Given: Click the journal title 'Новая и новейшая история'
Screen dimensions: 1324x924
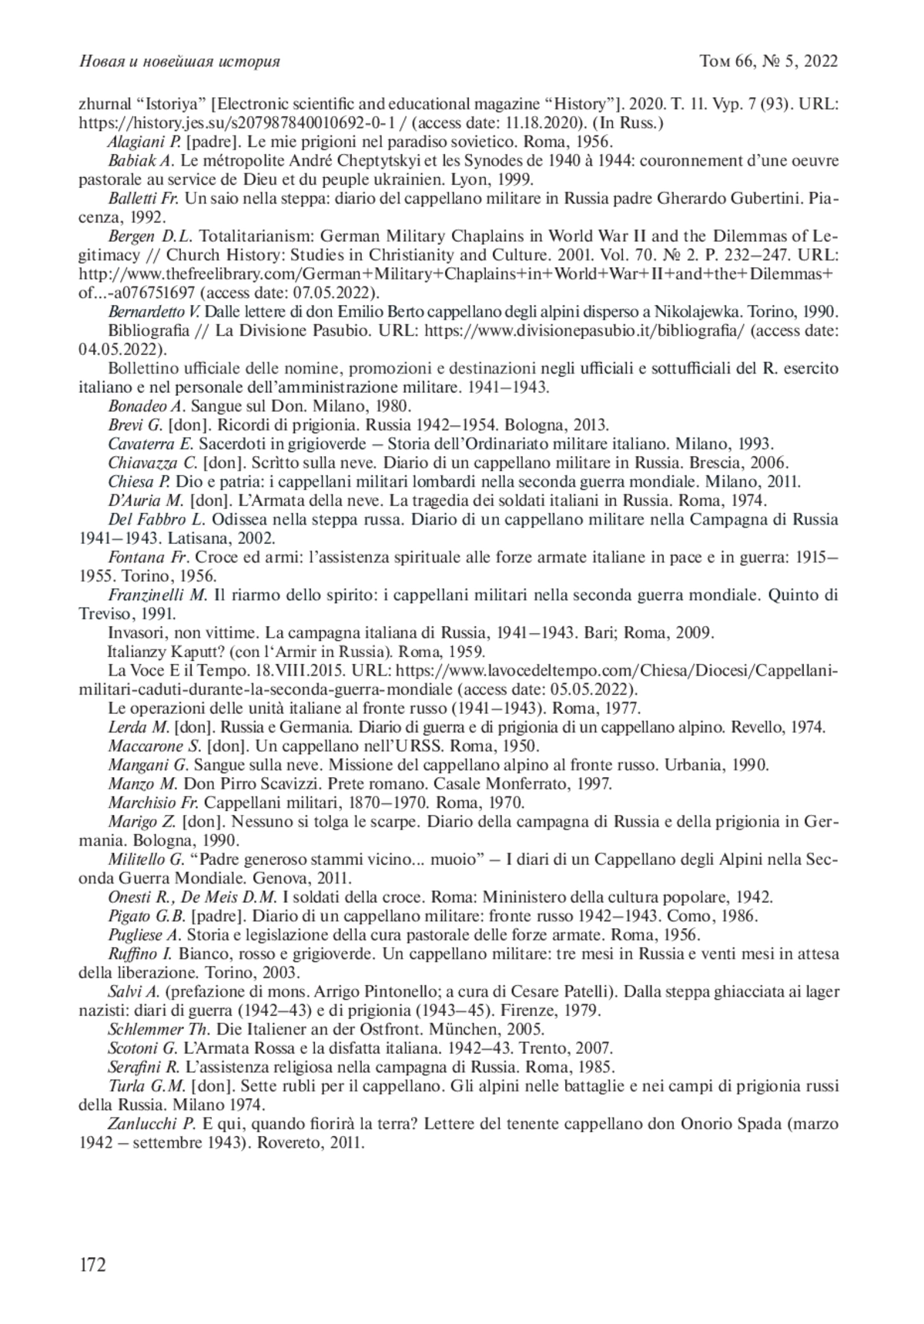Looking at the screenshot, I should click(x=179, y=62).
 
